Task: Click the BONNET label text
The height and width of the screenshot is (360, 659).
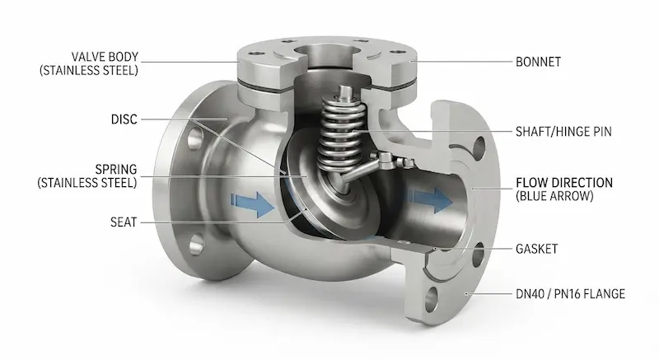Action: (x=538, y=62)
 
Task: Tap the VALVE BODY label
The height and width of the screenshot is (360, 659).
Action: (x=105, y=57)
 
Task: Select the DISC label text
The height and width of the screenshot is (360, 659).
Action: (x=124, y=119)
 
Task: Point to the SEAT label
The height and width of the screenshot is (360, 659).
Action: (x=124, y=222)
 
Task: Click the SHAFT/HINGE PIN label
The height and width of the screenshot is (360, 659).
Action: (x=563, y=132)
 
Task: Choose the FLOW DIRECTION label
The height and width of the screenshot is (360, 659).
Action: (x=564, y=183)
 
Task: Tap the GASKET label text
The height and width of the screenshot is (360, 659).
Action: (x=537, y=249)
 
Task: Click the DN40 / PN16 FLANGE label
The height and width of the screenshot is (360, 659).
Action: (x=570, y=293)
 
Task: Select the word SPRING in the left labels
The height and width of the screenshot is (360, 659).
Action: (x=116, y=169)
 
